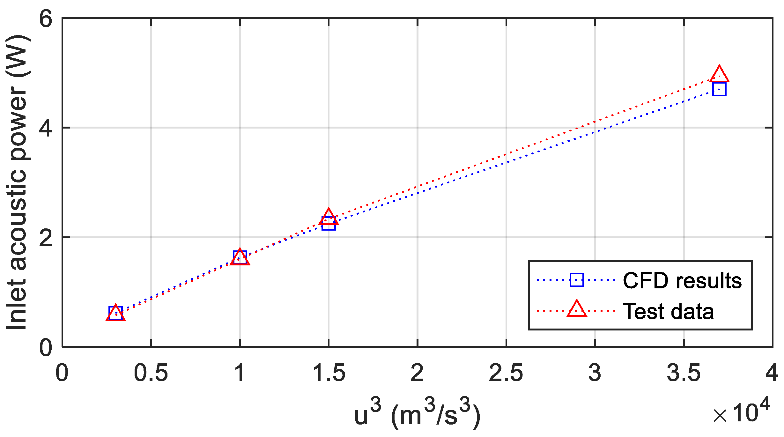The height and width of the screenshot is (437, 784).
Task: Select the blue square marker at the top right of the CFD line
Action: [x=719, y=89]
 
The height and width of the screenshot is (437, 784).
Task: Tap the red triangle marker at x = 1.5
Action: [x=329, y=218]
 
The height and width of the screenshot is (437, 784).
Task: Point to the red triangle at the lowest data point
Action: [x=115, y=314]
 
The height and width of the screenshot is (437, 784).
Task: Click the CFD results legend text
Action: [x=682, y=281]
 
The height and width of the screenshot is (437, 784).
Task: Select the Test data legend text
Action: [x=669, y=311]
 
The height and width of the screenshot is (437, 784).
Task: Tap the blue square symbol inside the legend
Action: [x=577, y=280]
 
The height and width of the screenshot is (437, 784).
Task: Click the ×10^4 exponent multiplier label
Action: [x=742, y=411]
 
